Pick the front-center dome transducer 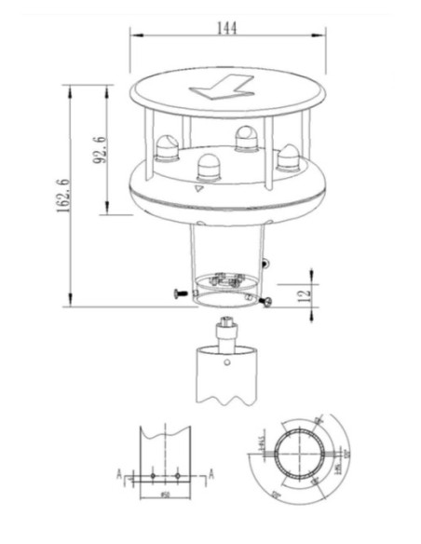point(206,168)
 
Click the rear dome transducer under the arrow point(247,138)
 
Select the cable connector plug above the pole point(225,330)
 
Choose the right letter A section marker point(212,474)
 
